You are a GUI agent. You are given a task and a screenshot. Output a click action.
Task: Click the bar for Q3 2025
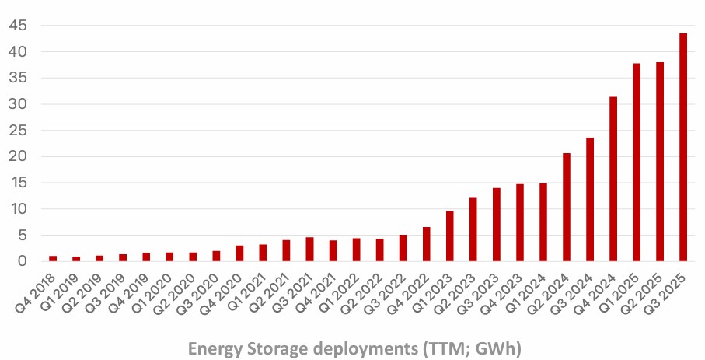tap(683, 148)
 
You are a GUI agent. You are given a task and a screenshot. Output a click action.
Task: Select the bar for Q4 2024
tap(613, 179)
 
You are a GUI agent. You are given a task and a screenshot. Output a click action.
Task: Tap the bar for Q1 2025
tap(637, 163)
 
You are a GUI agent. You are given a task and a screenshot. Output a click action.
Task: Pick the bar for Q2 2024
tap(567, 208)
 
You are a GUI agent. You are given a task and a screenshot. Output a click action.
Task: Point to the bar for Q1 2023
tap(450, 236)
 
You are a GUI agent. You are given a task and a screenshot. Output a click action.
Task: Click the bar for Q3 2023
tap(497, 225)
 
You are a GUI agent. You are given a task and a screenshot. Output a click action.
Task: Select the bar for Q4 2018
tap(53, 258)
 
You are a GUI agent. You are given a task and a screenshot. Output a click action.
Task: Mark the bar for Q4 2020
tap(239, 253)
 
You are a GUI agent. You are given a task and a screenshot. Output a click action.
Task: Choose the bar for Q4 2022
tap(427, 244)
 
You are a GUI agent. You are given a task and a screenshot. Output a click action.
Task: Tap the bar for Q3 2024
tap(590, 200)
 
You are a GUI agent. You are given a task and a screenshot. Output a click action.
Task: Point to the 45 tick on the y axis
tap(18, 26)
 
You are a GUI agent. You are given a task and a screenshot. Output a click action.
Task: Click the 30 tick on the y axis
tap(18, 104)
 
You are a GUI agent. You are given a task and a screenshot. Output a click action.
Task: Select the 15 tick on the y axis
tap(18, 183)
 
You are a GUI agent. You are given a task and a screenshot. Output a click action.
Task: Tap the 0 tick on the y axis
tap(22, 261)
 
